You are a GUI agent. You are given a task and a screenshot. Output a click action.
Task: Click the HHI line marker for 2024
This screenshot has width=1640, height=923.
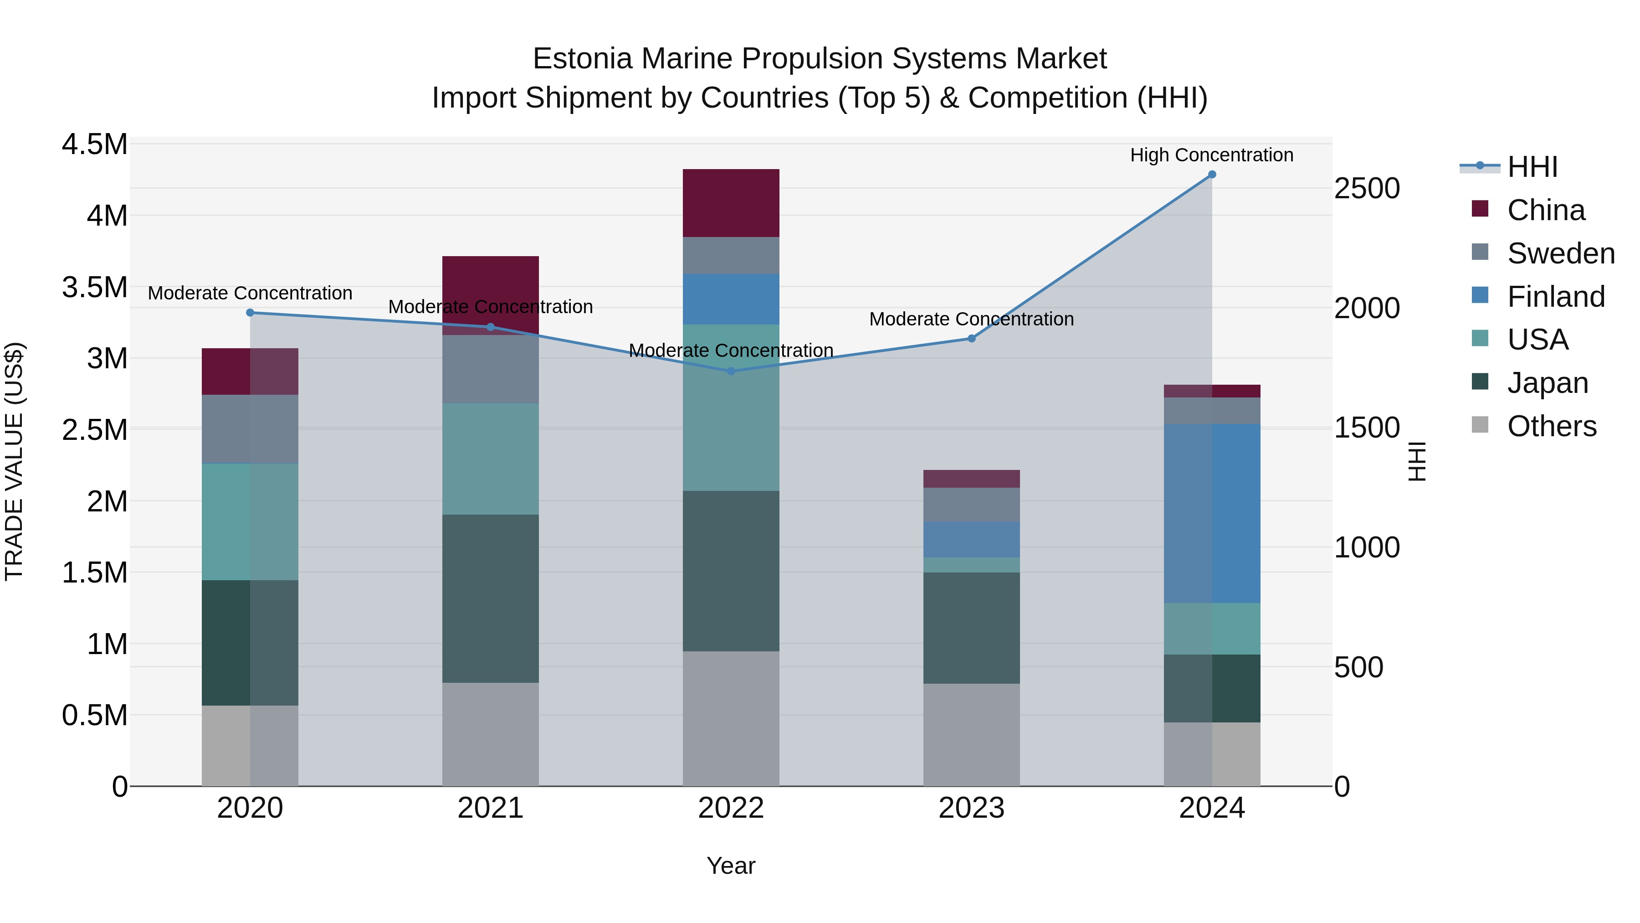pos(1211,175)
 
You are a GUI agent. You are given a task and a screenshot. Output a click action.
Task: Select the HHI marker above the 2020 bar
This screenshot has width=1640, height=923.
pos(250,313)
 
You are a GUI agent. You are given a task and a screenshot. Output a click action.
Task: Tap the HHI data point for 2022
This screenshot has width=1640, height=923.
pos(731,371)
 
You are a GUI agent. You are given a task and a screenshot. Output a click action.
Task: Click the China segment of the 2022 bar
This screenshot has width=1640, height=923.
pos(731,203)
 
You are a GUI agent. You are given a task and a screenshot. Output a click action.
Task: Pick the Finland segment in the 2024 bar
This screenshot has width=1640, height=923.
pos(1211,513)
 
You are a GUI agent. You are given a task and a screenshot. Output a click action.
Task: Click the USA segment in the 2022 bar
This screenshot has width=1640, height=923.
pos(731,407)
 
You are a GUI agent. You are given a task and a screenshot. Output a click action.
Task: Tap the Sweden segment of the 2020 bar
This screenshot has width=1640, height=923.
pos(250,429)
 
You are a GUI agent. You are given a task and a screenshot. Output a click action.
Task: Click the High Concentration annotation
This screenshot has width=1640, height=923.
pos(1211,155)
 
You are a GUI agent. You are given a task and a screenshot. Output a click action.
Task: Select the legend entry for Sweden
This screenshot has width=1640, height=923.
pos(1560,253)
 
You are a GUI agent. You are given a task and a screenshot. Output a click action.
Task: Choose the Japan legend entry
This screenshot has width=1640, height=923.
pos(1547,383)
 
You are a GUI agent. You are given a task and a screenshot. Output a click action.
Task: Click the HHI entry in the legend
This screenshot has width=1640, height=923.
pos(1532,167)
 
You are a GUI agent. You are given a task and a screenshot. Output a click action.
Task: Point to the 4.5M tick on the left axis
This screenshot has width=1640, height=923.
pos(94,144)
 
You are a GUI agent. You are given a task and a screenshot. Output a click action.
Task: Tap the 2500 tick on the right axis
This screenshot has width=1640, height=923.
pos(1367,189)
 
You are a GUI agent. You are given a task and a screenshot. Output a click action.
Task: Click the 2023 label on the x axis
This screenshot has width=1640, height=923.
pos(972,808)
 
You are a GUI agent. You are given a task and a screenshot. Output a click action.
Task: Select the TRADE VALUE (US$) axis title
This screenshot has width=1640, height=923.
pos(14,461)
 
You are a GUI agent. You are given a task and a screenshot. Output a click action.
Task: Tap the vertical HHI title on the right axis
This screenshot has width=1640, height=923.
pos(1417,461)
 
